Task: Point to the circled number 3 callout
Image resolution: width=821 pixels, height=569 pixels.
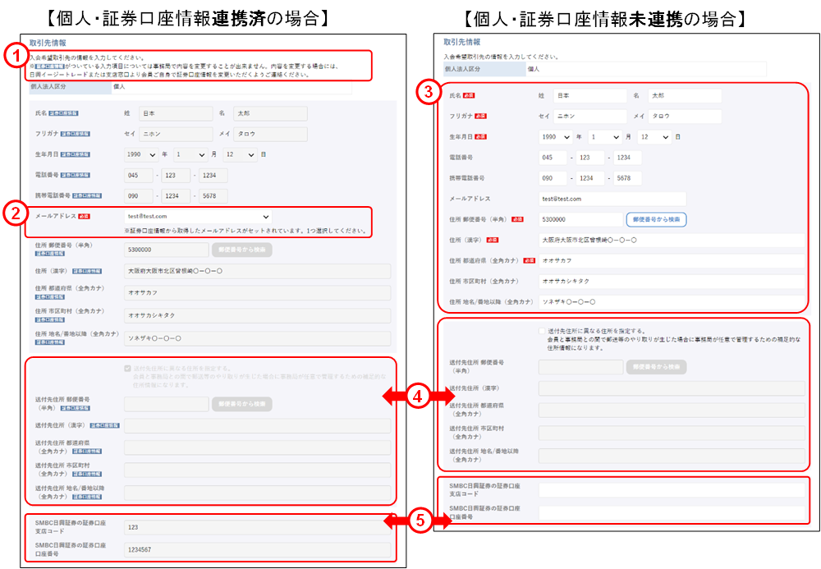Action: [425, 92]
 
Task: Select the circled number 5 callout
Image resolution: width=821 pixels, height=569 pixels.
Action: [418, 520]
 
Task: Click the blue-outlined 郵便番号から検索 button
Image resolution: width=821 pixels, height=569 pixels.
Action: [655, 219]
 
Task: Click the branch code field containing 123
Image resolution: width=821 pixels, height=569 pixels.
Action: [255, 527]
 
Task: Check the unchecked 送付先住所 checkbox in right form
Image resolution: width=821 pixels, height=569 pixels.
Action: [542, 330]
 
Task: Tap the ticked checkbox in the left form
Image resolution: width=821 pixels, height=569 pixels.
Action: [126, 369]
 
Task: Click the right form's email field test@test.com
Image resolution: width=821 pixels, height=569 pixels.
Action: [612, 199]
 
